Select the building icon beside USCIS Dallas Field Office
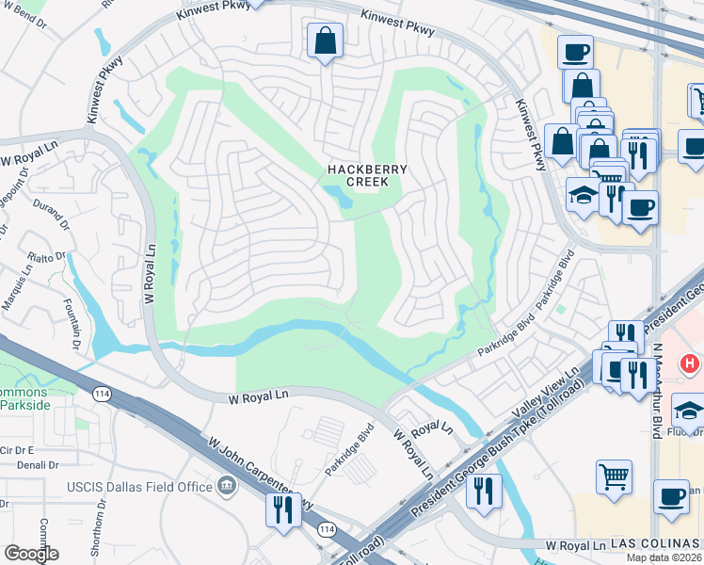pos(226,486)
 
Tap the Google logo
pos(31,554)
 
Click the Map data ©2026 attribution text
pos(664,557)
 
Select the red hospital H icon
pos(691,363)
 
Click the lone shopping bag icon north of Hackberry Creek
pos(325,40)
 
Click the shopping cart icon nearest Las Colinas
pos(614,476)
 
